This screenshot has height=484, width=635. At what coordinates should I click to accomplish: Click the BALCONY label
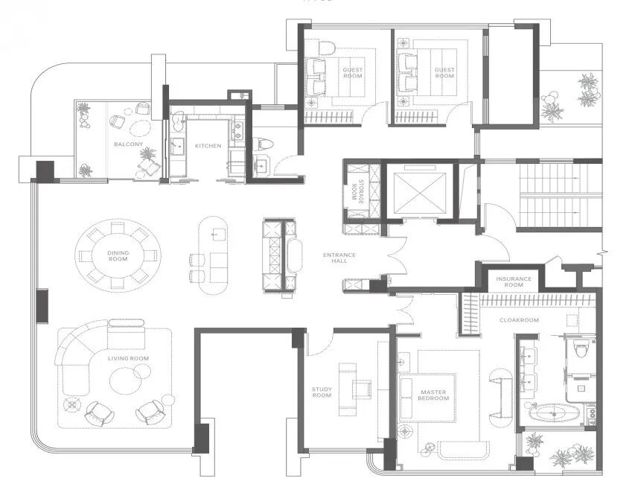[128, 144]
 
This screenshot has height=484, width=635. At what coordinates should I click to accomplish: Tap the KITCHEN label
[208, 146]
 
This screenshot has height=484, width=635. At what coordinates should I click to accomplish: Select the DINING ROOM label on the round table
[118, 255]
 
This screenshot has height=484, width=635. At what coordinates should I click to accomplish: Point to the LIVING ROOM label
[128, 358]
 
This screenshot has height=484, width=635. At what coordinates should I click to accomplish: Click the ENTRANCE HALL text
[339, 258]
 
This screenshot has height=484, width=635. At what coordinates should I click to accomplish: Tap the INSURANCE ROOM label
[514, 282]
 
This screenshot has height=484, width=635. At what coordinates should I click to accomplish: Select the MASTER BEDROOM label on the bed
[433, 395]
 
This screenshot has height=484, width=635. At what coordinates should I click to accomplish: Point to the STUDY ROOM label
[322, 392]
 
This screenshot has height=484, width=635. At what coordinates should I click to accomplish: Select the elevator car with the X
[420, 192]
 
